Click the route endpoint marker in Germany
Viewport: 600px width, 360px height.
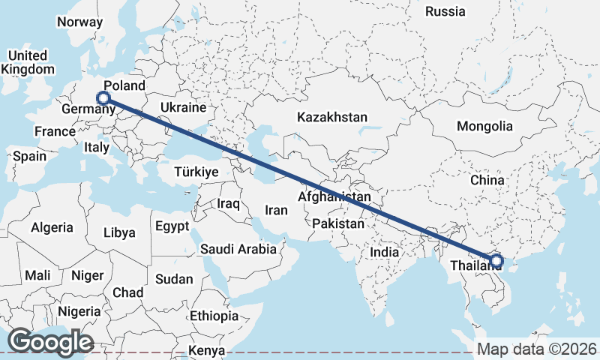pyautogui.click(x=103, y=97)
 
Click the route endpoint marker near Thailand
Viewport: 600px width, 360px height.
pyautogui.click(x=495, y=262)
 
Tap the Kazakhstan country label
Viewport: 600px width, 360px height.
pyautogui.click(x=332, y=118)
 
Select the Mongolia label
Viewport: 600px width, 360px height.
pyautogui.click(x=484, y=126)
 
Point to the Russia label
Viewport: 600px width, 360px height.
pyautogui.click(x=445, y=11)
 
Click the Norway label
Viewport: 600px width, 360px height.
pyautogui.click(x=79, y=22)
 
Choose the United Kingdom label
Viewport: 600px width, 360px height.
pyautogui.click(x=28, y=62)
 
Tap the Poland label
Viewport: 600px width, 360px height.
pyautogui.click(x=124, y=85)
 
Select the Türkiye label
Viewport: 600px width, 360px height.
pyautogui.click(x=196, y=172)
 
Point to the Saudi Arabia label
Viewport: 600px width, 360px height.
pyautogui.click(x=238, y=249)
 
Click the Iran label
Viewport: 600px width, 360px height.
pyautogui.click(x=276, y=211)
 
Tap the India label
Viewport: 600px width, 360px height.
pyautogui.click(x=384, y=253)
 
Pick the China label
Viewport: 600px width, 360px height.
pyautogui.click(x=487, y=181)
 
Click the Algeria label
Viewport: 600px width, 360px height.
pyautogui.click(x=52, y=227)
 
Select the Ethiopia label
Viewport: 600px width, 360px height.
pyautogui.click(x=214, y=316)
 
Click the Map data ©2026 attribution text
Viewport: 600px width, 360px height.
pyautogui.click(x=536, y=349)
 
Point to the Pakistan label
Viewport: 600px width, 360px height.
pyautogui.click(x=338, y=223)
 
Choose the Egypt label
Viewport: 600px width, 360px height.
pyautogui.click(x=172, y=226)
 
